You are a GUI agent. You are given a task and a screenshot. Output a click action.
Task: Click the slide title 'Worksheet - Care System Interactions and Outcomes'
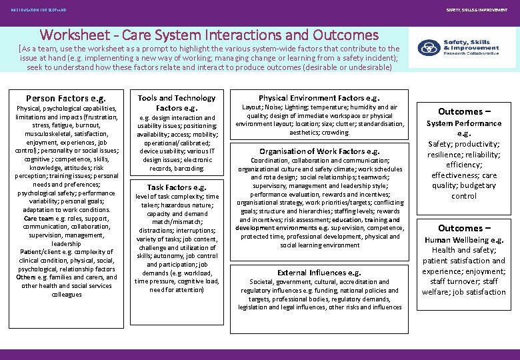[209, 35]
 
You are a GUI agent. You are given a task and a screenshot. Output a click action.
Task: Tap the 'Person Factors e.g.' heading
[65, 98]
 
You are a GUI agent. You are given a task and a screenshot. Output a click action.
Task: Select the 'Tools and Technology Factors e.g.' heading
[177, 103]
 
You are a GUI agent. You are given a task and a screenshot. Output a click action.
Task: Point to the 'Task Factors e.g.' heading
[177, 187]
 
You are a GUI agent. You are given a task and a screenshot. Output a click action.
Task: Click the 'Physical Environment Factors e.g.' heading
[319, 98]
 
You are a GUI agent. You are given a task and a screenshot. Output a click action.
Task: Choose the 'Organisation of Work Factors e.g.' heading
[319, 151]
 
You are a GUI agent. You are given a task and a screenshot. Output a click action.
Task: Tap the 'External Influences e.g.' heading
[319, 273]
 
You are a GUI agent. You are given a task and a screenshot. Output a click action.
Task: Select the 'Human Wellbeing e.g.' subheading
[464, 240]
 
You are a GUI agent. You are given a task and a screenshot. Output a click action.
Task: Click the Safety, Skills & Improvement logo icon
[427, 48]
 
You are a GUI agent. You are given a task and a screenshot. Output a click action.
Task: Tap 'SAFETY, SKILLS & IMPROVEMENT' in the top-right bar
[481, 9]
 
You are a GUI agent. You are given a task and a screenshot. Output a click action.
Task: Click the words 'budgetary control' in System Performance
[464, 191]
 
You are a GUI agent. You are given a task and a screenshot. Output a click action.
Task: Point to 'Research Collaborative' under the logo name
[471, 54]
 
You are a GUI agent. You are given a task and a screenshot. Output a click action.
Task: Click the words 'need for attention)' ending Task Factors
[177, 289]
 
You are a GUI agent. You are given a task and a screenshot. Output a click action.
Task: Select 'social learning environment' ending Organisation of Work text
[319, 245]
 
